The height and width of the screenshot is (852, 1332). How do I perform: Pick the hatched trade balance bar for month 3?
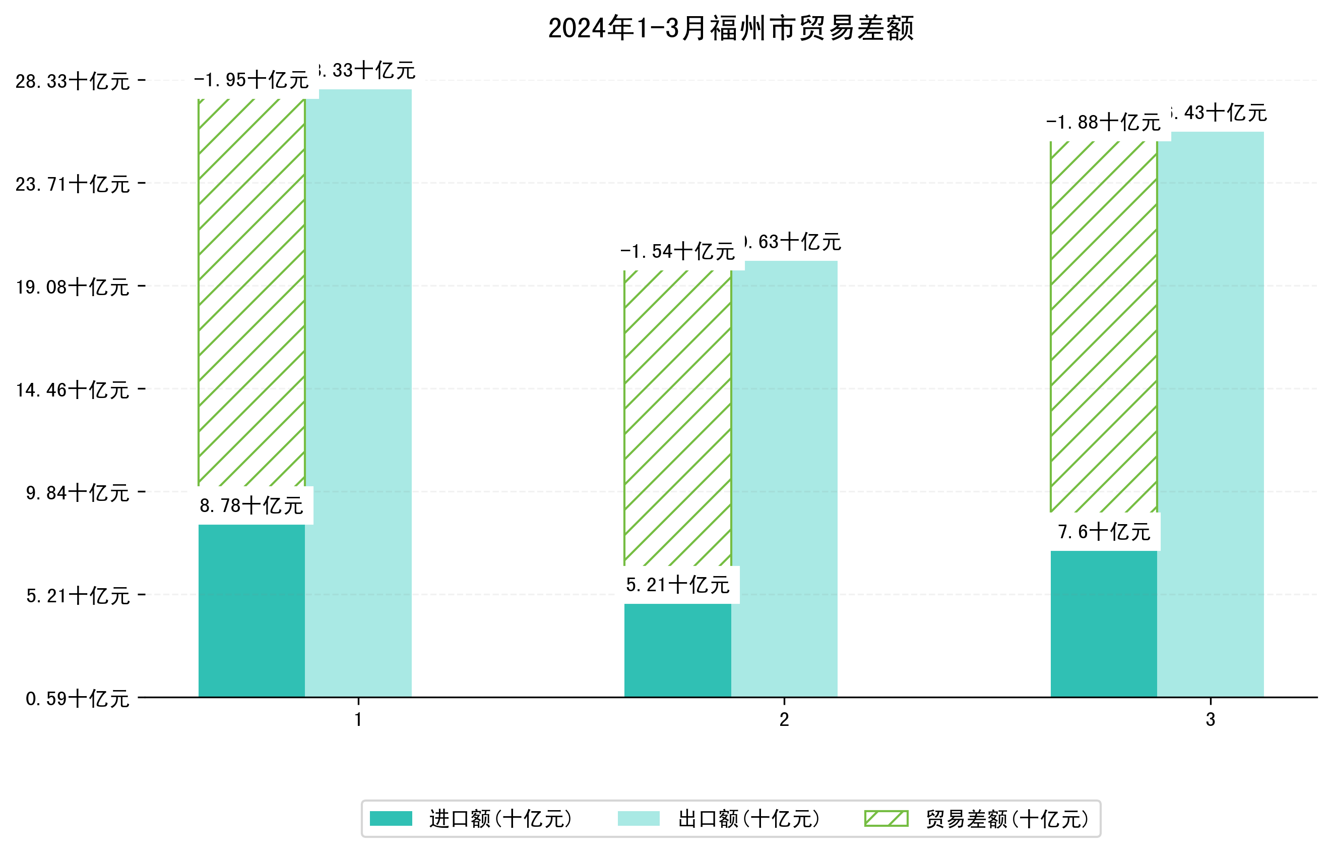tap(1104, 327)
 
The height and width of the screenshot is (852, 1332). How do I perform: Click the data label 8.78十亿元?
tap(251, 505)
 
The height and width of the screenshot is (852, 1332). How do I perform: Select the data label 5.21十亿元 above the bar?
tap(678, 585)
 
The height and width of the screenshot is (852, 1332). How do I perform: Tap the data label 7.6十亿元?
tap(1104, 532)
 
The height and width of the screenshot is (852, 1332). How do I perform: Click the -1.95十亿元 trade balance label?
tap(251, 80)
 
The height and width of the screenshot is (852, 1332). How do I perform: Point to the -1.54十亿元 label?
tap(678, 252)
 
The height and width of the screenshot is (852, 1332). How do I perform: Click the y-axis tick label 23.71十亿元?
tap(73, 184)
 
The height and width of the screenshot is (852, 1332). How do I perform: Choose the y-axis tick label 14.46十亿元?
tap(73, 390)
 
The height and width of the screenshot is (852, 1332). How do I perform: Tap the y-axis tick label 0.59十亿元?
tap(78, 699)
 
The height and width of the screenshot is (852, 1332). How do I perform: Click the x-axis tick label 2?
tap(784, 720)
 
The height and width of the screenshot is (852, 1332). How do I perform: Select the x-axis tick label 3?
tap(1211, 720)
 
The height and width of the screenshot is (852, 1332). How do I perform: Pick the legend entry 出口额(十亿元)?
tap(748, 819)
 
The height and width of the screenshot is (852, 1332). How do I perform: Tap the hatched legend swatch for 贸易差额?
tap(886, 819)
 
